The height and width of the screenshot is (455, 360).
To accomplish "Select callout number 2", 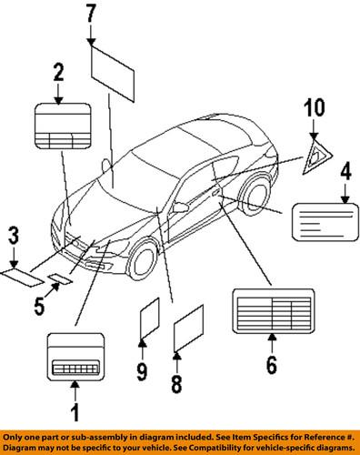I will pos(58,72).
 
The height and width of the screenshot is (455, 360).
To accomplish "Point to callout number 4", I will pos(345,171).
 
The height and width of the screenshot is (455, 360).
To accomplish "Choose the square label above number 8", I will pos(187,329).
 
